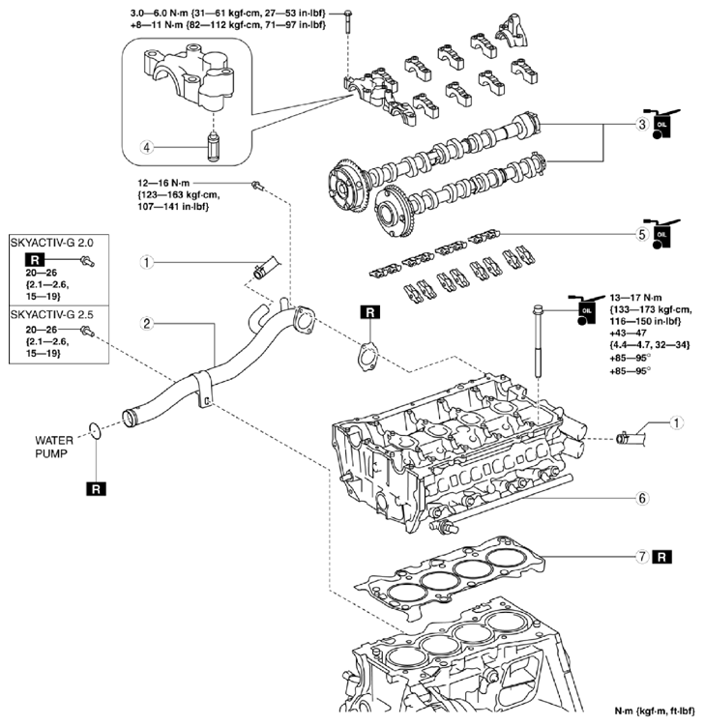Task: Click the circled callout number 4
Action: coord(146,148)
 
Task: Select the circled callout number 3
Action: coord(642,124)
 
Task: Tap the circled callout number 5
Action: coord(642,234)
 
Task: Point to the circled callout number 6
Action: coord(642,498)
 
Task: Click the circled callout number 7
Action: coord(642,556)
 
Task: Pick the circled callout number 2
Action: coord(146,323)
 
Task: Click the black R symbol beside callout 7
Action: coord(661,557)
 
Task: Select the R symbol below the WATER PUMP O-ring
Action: coord(96,489)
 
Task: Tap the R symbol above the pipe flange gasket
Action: coord(369,312)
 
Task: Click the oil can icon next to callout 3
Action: coord(663,124)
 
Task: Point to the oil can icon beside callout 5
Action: coord(663,234)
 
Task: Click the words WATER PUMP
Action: coord(54,447)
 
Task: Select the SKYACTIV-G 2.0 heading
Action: coord(52,243)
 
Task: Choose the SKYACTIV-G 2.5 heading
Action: coord(52,315)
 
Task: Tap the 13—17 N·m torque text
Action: coord(635,298)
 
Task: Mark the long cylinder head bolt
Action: coord(538,341)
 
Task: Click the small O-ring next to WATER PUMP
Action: coord(95,430)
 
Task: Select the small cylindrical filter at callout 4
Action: coord(213,146)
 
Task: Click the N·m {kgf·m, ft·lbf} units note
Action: coord(655,711)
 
